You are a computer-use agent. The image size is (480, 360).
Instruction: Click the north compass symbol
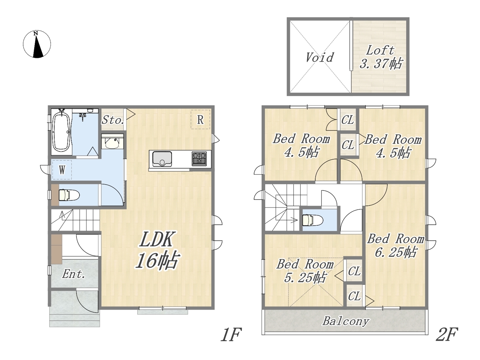(37, 44)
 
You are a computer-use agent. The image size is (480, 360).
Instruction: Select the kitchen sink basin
(162, 159)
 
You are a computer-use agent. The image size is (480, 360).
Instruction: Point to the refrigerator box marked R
(200, 119)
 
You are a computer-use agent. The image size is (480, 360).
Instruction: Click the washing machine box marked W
(62, 169)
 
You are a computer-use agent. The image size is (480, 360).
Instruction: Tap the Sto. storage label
(113, 120)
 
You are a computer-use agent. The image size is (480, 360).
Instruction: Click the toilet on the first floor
(69, 195)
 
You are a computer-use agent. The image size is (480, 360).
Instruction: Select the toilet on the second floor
(312, 220)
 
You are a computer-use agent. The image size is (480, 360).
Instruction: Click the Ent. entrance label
(73, 274)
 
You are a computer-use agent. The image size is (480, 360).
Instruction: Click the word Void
(319, 57)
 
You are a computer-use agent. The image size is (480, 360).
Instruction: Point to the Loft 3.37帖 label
(381, 57)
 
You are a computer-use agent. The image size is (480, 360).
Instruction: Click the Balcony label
(346, 321)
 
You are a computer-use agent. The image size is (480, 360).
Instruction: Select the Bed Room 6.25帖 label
(396, 245)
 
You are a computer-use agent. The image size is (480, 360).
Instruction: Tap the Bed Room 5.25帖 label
(305, 271)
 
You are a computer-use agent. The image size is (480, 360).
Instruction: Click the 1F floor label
(231, 334)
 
